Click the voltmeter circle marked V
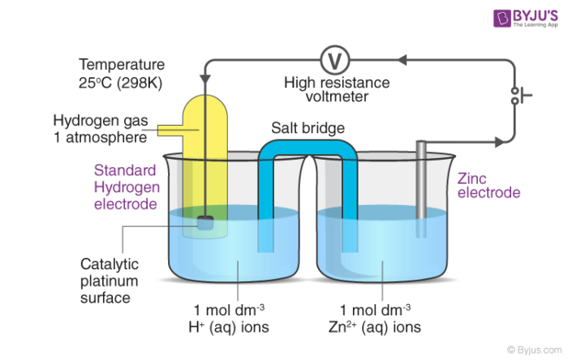click(333, 59)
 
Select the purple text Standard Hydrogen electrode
click(125, 186)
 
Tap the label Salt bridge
click(309, 128)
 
